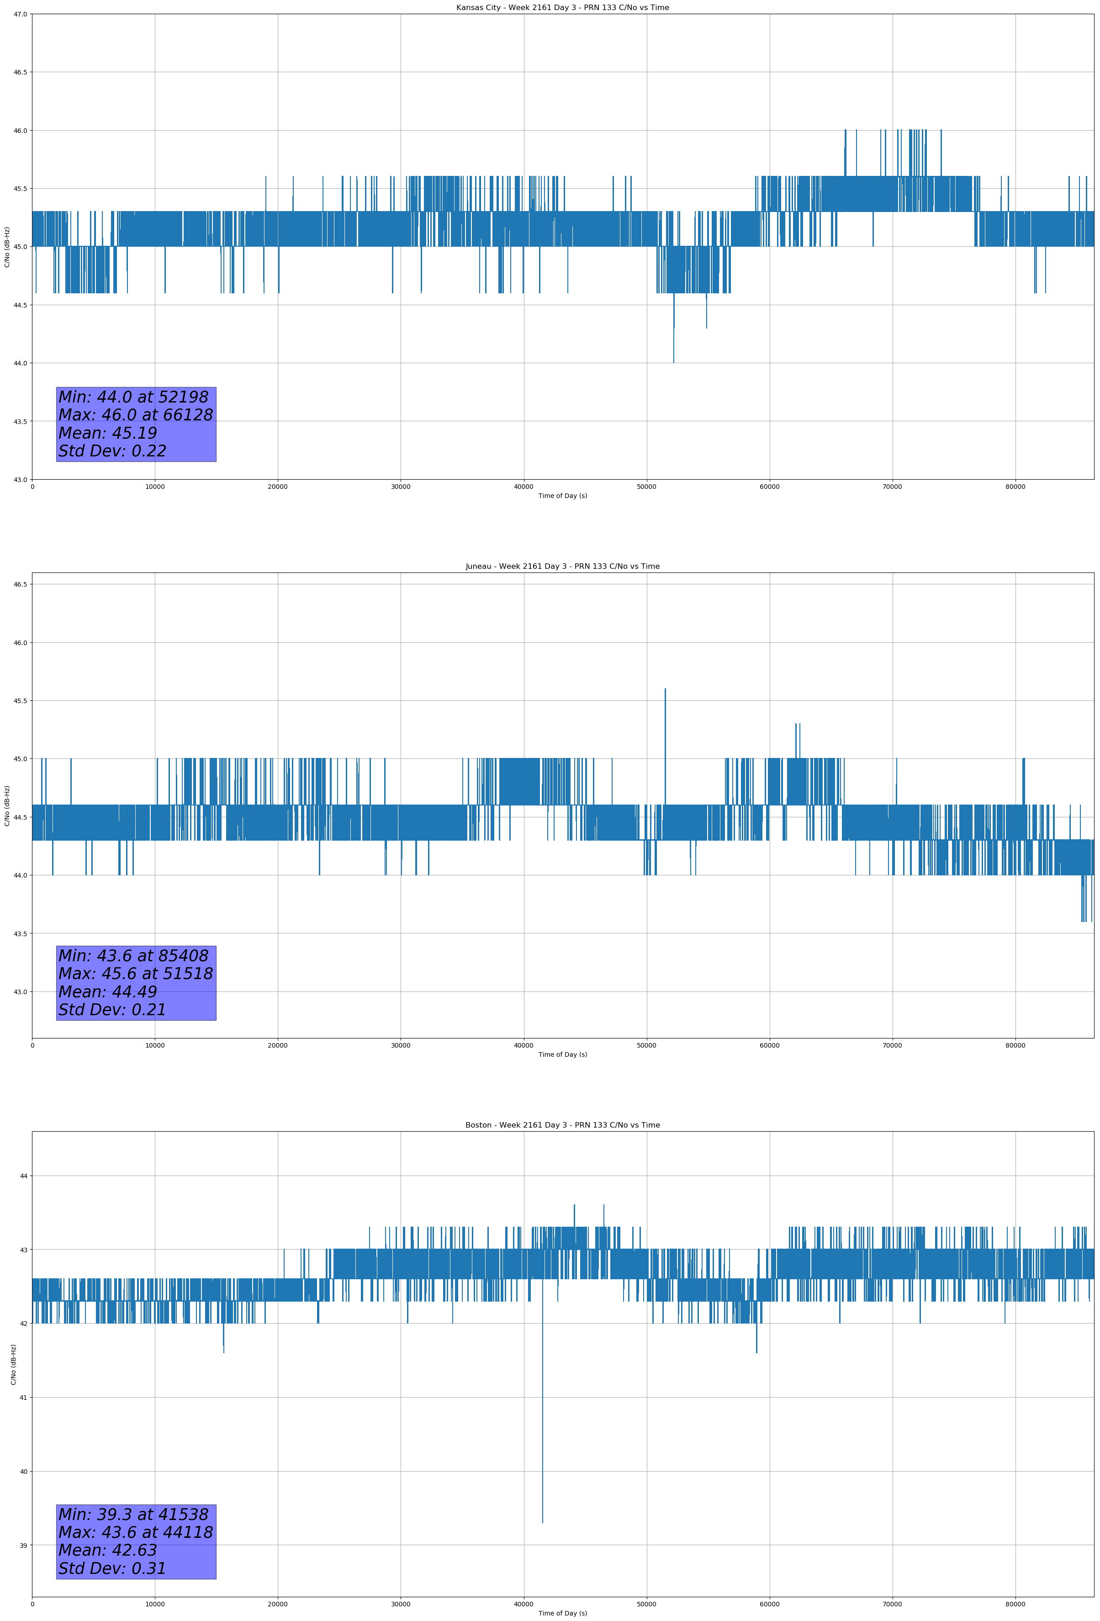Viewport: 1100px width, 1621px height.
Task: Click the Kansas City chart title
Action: pos(562,8)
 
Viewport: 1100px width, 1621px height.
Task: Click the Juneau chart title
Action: pos(562,567)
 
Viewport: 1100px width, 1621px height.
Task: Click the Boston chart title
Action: pos(562,1125)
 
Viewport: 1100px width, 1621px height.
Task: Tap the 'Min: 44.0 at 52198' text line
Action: pos(133,397)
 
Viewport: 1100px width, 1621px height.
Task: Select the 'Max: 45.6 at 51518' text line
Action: pos(135,974)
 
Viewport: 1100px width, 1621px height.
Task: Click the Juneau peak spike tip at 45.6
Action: pos(666,689)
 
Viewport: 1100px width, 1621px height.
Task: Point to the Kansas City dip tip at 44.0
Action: pos(674,362)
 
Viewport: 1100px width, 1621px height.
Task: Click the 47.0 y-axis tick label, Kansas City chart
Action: pos(20,14)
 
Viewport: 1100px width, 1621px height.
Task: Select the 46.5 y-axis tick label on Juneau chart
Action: pos(20,584)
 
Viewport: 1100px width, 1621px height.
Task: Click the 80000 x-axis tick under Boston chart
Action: pos(1015,1604)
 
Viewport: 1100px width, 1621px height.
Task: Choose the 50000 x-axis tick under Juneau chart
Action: pos(646,1045)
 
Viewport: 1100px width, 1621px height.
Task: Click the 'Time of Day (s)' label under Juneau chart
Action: pos(562,1054)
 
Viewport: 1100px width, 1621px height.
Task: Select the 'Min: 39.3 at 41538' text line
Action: pos(133,1514)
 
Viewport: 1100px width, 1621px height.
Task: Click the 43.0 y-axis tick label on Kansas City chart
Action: pos(20,479)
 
